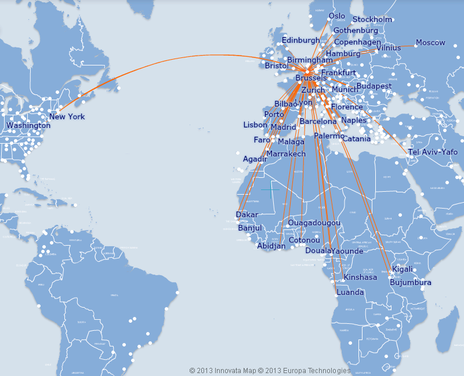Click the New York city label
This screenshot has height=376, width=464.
pyautogui.click(x=67, y=116)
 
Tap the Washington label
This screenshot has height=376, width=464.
pyautogui.click(x=28, y=125)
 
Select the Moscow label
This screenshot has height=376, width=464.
pyautogui.click(x=430, y=42)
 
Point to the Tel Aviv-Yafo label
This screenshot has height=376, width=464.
pyautogui.click(x=433, y=152)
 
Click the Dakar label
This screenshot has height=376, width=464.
pyautogui.click(x=247, y=214)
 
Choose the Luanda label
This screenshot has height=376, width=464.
pyautogui.click(x=350, y=292)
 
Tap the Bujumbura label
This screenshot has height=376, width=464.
pyautogui.click(x=411, y=282)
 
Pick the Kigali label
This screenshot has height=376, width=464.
pyautogui.click(x=403, y=269)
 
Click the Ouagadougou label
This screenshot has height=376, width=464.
pyautogui.click(x=314, y=223)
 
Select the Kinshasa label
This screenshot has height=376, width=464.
pyautogui.click(x=360, y=277)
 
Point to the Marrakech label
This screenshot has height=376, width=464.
pyautogui.click(x=286, y=154)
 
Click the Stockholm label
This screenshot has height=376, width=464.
pyautogui.click(x=372, y=19)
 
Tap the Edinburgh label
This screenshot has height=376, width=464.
pyautogui.click(x=300, y=40)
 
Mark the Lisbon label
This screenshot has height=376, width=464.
pyautogui.click(x=255, y=125)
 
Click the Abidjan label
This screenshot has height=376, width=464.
pyautogui.click(x=271, y=246)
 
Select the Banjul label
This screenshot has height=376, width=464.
pyautogui.click(x=250, y=228)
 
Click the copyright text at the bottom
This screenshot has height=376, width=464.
pyautogui.click(x=270, y=370)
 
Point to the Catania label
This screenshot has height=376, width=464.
pyautogui.click(x=356, y=138)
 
